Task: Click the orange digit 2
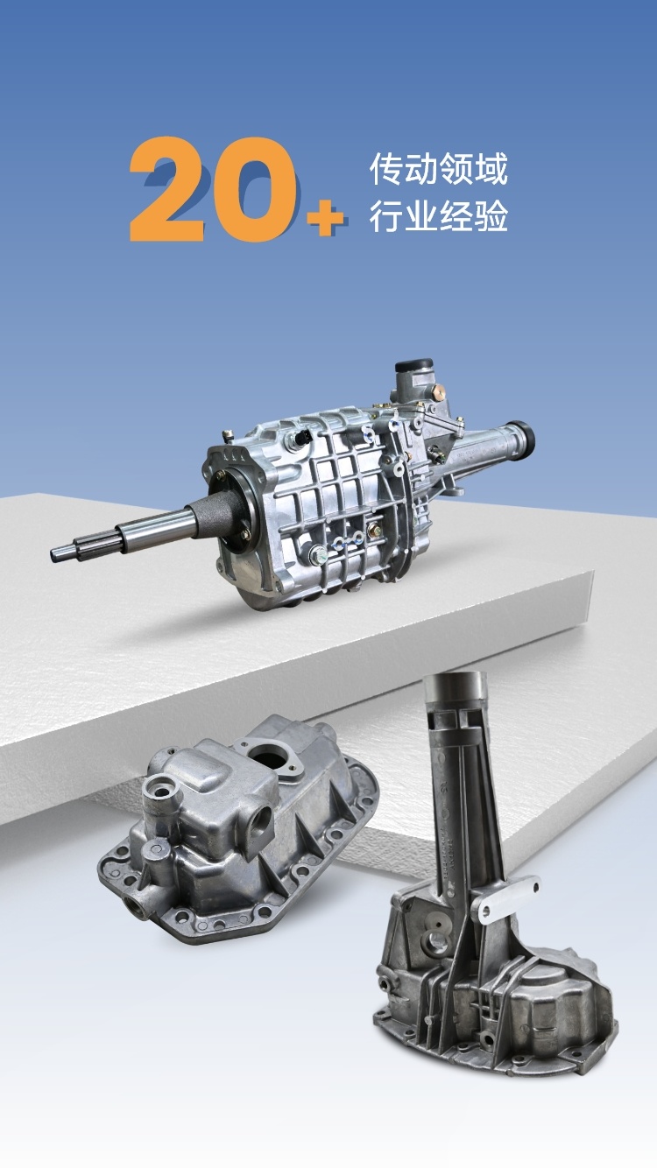pyautogui.click(x=167, y=190)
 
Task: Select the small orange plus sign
pyautogui.click(x=325, y=216)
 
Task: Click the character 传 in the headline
pyautogui.click(x=386, y=170)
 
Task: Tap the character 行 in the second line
pyautogui.click(x=386, y=215)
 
